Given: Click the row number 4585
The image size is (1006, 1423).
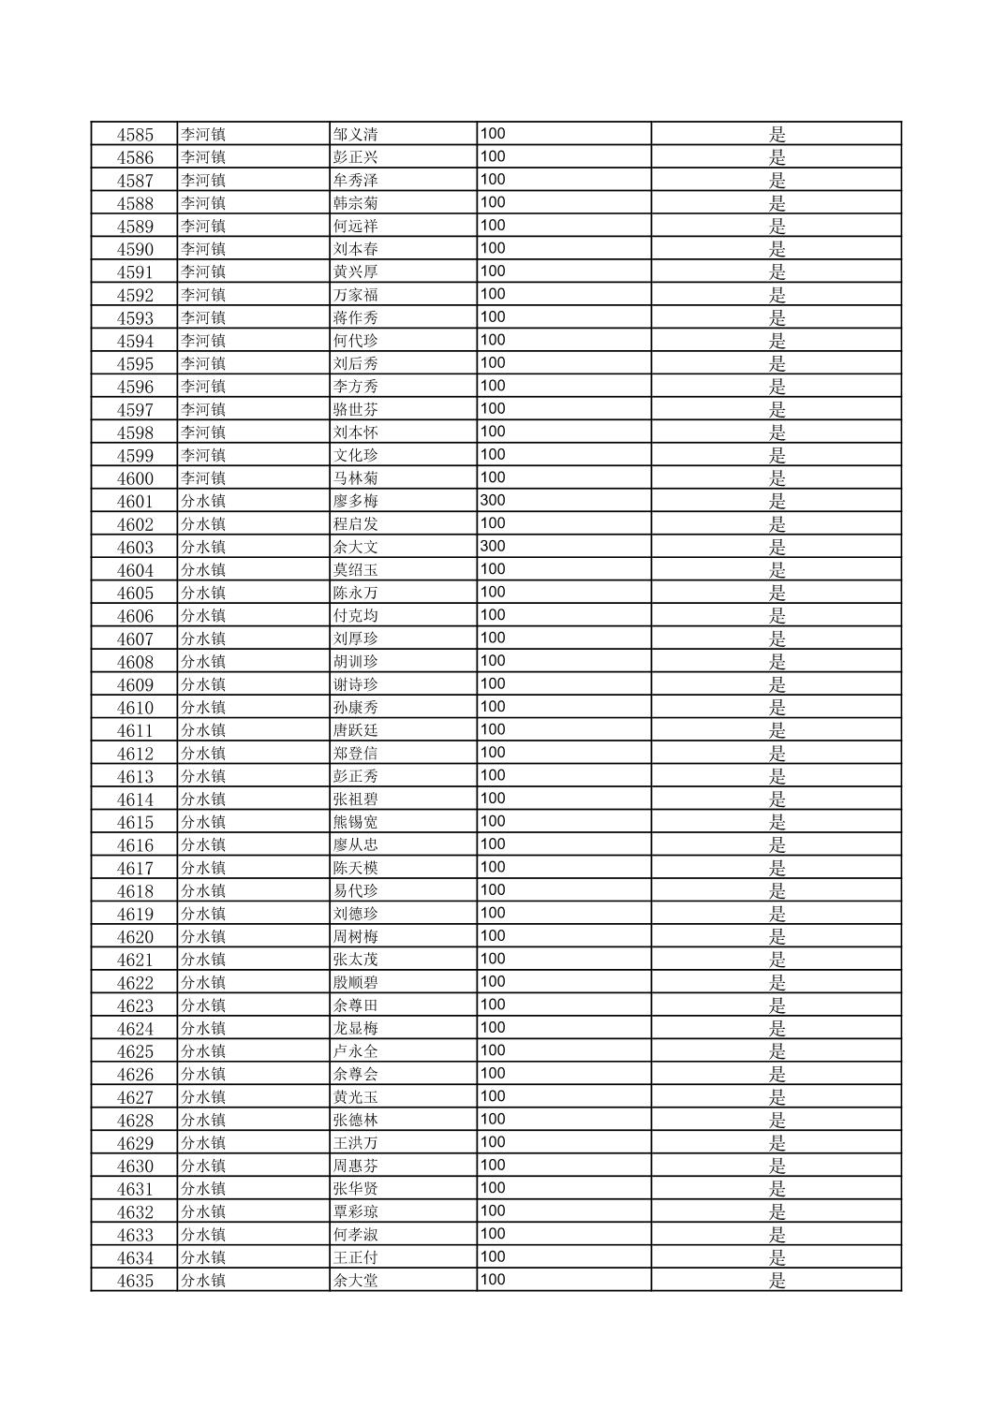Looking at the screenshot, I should (135, 135).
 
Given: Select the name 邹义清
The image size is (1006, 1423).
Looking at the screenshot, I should (355, 135).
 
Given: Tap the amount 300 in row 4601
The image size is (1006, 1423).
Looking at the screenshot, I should (493, 501).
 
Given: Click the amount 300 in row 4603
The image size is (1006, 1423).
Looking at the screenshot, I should (493, 547).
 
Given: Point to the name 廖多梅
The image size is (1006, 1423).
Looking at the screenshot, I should (355, 502).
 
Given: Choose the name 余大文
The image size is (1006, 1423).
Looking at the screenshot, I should (355, 548).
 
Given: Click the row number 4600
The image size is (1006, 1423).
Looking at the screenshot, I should (135, 478).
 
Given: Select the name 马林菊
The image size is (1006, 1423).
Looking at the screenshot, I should (355, 478).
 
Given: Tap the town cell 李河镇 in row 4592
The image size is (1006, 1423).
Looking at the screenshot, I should (203, 295).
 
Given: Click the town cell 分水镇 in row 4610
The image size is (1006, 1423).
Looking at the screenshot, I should (203, 708).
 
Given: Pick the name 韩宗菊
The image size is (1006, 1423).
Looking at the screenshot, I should (355, 203).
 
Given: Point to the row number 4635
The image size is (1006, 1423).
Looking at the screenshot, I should (135, 1281).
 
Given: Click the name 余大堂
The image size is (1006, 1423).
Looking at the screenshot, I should (355, 1281).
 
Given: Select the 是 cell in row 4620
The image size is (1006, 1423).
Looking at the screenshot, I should (777, 937).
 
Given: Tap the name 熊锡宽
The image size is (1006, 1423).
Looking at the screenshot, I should (355, 822).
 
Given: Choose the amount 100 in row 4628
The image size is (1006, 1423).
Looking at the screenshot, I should (493, 1120).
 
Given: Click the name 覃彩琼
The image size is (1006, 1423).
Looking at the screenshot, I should (355, 1212).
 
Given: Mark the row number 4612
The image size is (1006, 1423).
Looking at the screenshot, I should (135, 754).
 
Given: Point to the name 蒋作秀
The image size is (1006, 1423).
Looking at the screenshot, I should (355, 318).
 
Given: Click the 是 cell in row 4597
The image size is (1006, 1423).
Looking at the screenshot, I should (777, 410).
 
